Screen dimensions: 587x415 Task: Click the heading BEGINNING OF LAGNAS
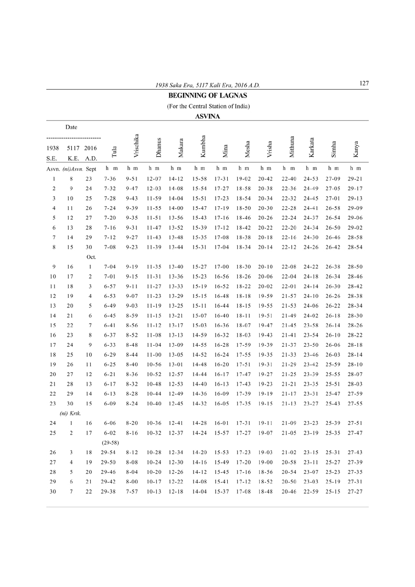pyautogui.click(x=208, y=96)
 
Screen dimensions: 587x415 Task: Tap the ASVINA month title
pyautogui.click(x=207, y=116)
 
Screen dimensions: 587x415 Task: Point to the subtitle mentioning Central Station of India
pyautogui.click(x=208, y=106)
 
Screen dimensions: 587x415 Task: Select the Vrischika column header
pyautogui.click(x=136, y=145)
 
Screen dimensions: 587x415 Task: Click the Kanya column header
pyautogui.click(x=356, y=149)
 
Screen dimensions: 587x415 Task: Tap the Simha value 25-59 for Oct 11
pyautogui.click(x=333, y=364)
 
